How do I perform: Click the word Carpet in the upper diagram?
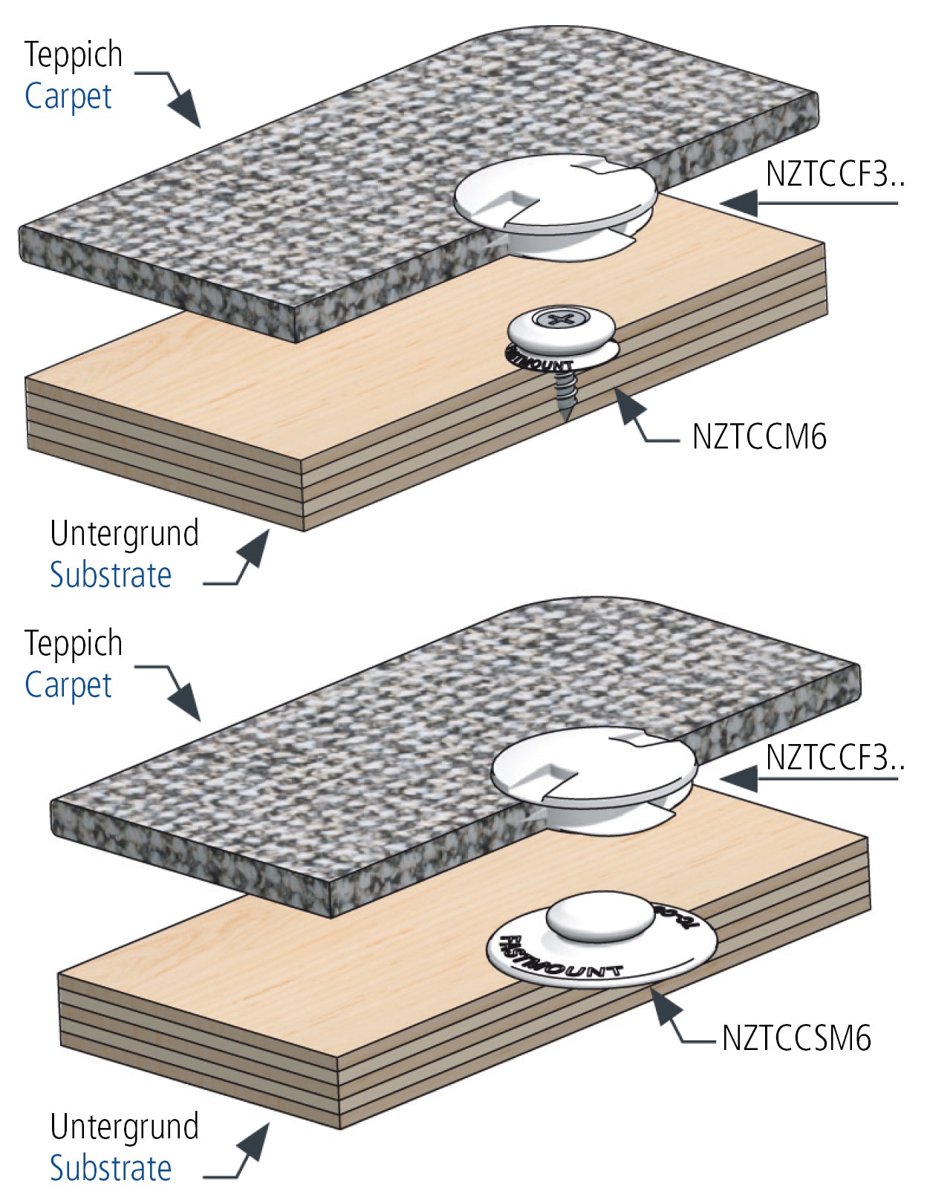68,97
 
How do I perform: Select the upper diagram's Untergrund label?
124,533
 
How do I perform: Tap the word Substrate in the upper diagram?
111,575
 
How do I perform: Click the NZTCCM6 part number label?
758,437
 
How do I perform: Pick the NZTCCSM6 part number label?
796,1037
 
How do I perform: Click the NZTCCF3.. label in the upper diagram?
834,175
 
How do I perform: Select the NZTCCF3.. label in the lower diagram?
834,758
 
